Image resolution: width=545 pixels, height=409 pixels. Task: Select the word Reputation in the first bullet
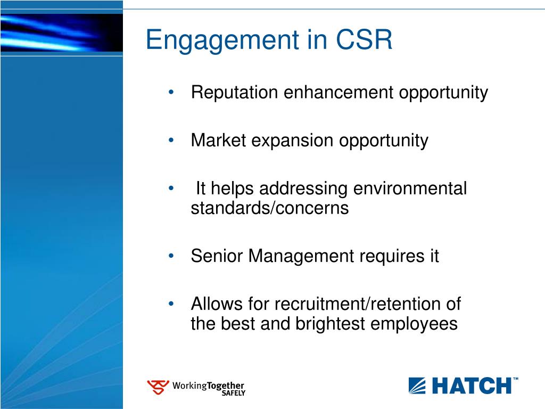pyautogui.click(x=235, y=93)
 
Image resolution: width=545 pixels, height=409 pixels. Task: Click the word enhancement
pyautogui.click(x=338, y=92)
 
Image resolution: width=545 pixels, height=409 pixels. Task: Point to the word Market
pyautogui.click(x=218, y=140)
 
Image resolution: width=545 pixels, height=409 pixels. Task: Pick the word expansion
pyautogui.click(x=292, y=141)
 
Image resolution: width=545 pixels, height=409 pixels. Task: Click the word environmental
pyautogui.click(x=410, y=189)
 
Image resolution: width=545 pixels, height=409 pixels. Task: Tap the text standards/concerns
pyautogui.click(x=270, y=208)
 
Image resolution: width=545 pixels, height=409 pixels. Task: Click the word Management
pyautogui.click(x=301, y=257)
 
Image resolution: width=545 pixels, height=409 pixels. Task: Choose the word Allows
pyautogui.click(x=217, y=304)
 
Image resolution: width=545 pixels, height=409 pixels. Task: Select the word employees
pyautogui.click(x=414, y=324)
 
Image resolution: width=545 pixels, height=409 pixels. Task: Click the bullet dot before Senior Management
pyautogui.click(x=171, y=256)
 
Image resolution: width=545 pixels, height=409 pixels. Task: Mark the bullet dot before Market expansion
pyautogui.click(x=171, y=141)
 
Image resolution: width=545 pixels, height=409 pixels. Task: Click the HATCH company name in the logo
pyautogui.click(x=472, y=386)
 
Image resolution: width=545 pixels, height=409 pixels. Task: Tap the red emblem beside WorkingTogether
pyautogui.click(x=158, y=387)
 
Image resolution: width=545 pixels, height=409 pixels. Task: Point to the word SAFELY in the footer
pyautogui.click(x=234, y=393)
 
